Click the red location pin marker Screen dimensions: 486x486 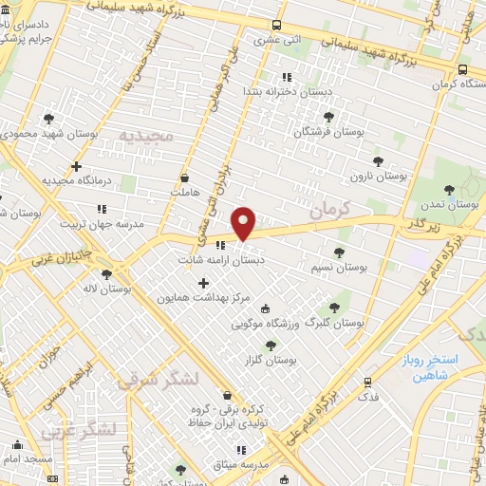(x=244, y=222)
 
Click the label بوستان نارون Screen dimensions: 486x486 (x=378, y=176)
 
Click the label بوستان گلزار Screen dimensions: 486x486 (x=271, y=361)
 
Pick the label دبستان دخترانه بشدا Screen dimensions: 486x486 (x=285, y=91)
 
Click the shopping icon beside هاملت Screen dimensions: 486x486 (x=183, y=177)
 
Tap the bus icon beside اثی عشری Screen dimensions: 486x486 (x=275, y=26)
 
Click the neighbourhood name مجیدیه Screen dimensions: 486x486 (x=147, y=135)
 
